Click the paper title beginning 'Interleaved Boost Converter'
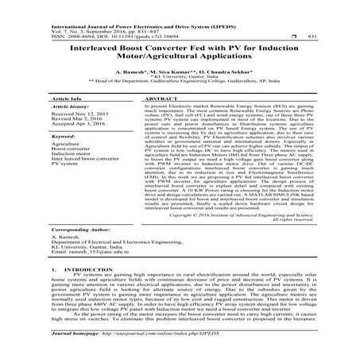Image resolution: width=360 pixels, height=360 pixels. pos(180,41)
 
